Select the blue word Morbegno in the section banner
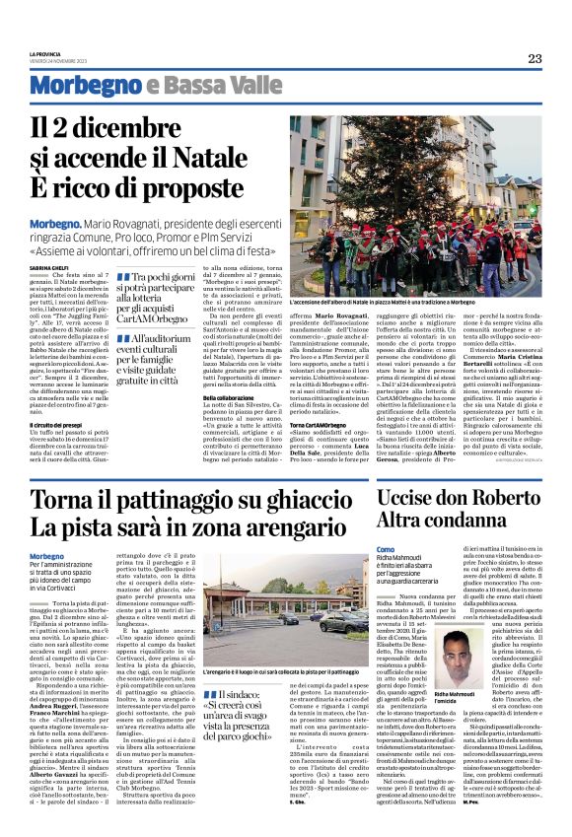click(76, 87)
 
